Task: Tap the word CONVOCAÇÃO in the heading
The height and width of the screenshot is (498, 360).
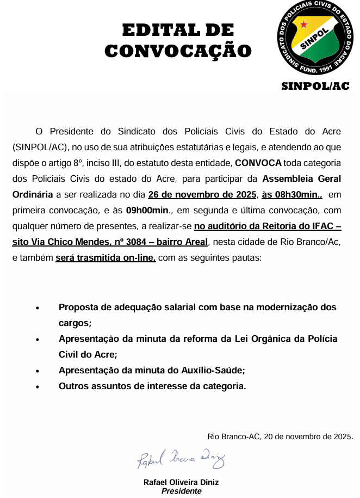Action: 178,51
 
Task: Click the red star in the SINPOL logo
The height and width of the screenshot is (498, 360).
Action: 304,24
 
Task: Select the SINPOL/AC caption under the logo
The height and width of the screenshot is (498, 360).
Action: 315,86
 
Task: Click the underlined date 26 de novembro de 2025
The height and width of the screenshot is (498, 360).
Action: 202,194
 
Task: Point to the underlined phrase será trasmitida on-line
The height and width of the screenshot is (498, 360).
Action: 105,257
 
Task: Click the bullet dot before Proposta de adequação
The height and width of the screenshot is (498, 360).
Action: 38,308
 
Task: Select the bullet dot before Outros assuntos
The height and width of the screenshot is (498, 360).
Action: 38,387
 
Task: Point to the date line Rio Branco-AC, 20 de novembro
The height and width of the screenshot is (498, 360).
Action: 281,436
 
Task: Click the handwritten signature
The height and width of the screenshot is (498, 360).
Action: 180,460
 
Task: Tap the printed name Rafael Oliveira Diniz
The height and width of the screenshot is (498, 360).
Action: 181,483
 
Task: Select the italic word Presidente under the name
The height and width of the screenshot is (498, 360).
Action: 182,491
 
